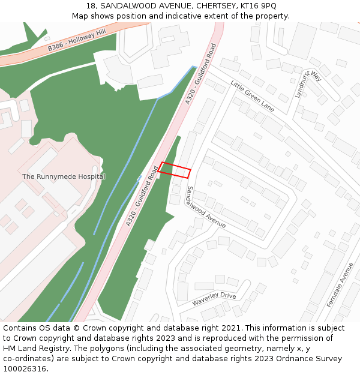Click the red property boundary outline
(175, 170)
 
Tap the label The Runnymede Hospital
(64, 176)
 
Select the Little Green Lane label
(252, 96)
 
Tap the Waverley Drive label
(214, 299)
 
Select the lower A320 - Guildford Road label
(142, 196)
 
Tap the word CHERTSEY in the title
(209, 6)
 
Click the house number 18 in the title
(91, 6)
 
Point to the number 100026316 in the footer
(23, 369)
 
